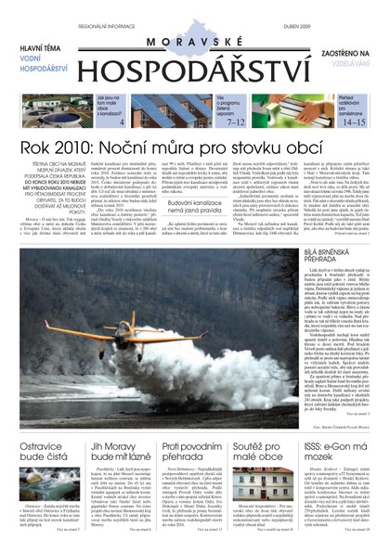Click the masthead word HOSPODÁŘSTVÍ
196,71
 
